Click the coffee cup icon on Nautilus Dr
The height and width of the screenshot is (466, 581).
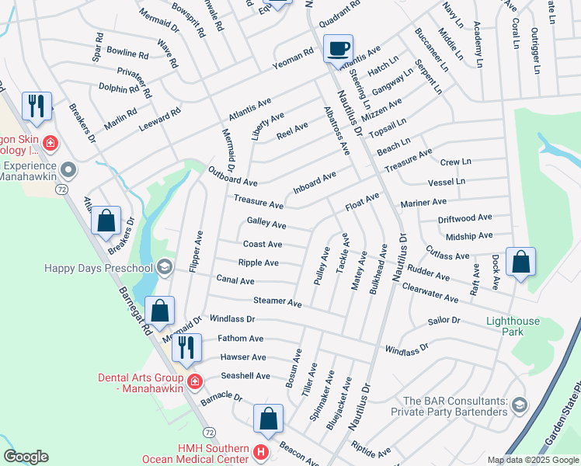coord(338,49)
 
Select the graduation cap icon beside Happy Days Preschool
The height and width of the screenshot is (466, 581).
coord(164,267)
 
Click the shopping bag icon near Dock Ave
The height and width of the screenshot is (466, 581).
coord(520,263)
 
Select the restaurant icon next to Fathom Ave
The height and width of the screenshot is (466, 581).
coord(186,347)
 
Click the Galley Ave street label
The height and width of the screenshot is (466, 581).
coord(266,225)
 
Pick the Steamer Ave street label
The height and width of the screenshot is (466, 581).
coord(277,301)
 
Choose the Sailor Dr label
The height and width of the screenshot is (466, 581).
coord(444,320)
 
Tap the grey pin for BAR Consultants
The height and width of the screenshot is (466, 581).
coord(519,404)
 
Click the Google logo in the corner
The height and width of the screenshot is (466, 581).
coord(26,457)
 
